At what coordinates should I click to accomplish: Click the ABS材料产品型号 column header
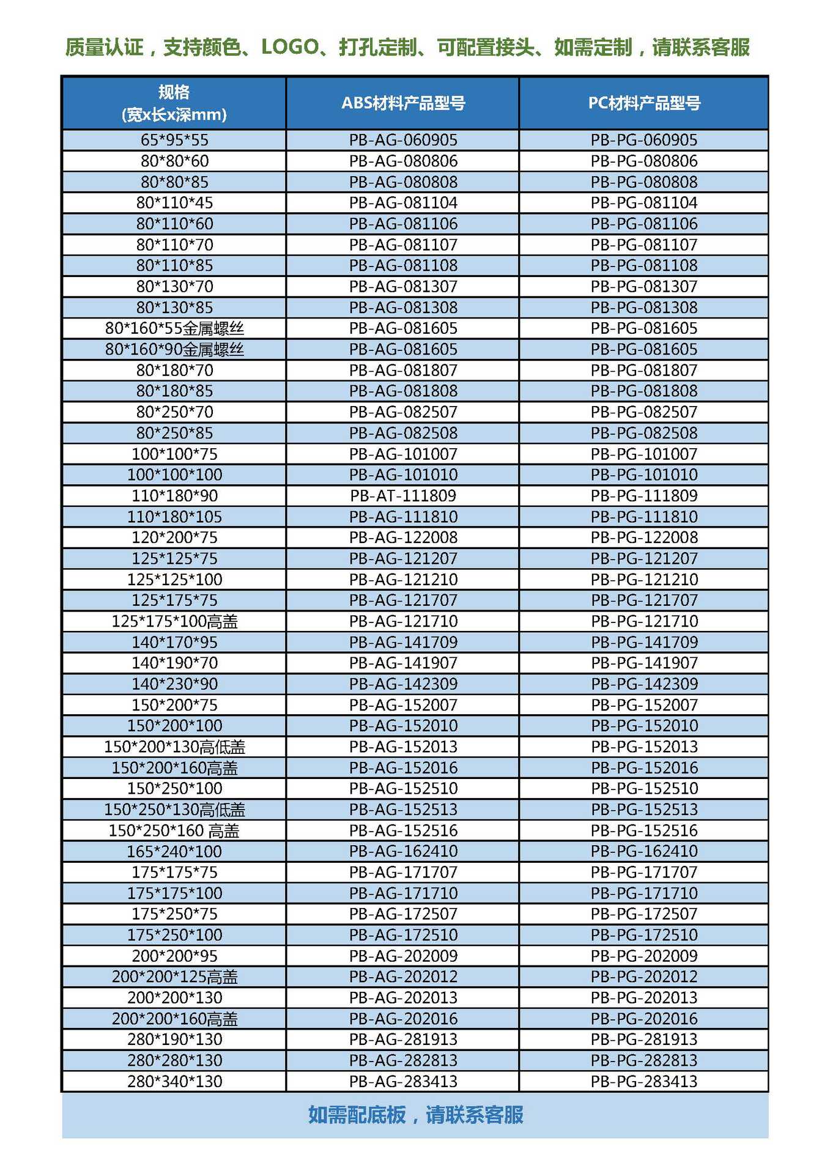coord(403,103)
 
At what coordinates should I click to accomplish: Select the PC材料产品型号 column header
coord(644,103)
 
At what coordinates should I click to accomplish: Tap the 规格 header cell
coord(174,103)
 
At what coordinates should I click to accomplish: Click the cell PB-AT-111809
coord(403,495)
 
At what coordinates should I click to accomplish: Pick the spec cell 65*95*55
coord(174,140)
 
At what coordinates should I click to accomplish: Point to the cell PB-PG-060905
coord(644,140)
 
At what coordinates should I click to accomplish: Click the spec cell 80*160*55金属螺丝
coord(174,328)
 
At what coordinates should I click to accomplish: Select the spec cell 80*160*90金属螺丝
coord(174,349)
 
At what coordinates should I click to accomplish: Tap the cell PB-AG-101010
coord(403,474)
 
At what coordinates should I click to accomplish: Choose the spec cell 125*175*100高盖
coord(174,621)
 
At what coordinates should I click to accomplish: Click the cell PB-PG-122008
coord(644,537)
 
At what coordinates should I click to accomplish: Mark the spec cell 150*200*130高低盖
coord(174,747)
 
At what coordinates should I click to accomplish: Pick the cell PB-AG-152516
coord(403,830)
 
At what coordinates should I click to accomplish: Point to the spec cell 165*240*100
coord(174,851)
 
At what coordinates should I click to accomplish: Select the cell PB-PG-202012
coord(644,976)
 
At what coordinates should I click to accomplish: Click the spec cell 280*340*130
coord(174,1081)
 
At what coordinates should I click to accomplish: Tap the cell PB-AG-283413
coord(403,1081)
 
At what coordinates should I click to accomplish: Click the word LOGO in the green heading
coord(290,47)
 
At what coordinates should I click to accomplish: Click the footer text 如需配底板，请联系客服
coord(415,1115)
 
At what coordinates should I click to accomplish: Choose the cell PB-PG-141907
coord(644,663)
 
